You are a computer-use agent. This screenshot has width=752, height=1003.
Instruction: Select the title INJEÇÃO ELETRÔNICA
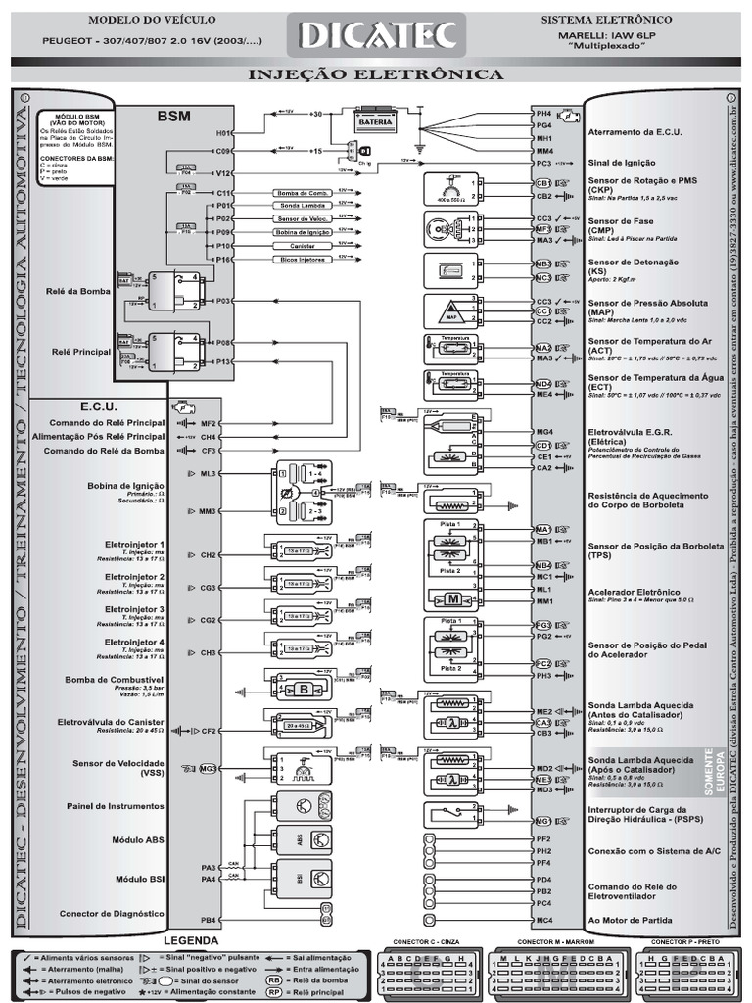point(376,74)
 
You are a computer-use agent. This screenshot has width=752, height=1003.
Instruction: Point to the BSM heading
point(173,116)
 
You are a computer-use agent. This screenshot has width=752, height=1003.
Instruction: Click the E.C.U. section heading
point(99,406)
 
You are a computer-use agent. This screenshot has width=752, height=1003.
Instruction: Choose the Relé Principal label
point(80,350)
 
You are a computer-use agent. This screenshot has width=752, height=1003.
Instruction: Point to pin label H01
point(223,132)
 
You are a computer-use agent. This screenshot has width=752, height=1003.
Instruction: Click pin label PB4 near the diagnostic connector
point(209,920)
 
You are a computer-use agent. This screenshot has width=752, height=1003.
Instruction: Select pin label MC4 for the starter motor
point(544,920)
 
